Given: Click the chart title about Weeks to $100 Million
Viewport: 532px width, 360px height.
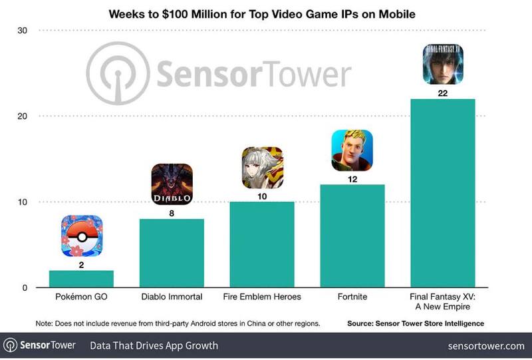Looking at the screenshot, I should click(x=265, y=13).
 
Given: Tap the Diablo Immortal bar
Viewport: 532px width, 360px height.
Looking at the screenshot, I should click(x=172, y=253).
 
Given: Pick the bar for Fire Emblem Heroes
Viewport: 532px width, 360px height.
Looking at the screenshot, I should click(x=262, y=244).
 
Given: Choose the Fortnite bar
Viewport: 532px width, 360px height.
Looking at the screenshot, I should click(x=352, y=236).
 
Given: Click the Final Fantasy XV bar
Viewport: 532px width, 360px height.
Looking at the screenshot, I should click(x=443, y=193).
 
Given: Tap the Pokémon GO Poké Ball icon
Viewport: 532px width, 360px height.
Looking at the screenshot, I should click(x=81, y=236).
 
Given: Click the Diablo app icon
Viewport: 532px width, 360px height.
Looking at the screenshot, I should click(x=172, y=184).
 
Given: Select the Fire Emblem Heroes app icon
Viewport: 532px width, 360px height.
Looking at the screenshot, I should click(x=262, y=168).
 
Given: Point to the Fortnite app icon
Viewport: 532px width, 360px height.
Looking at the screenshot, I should click(x=352, y=150).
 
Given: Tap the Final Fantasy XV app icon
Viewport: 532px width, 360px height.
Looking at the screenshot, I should click(x=443, y=65).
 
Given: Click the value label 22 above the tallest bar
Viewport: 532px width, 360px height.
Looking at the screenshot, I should click(x=443, y=93).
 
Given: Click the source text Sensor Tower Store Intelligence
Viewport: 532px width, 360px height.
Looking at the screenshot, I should click(x=415, y=323).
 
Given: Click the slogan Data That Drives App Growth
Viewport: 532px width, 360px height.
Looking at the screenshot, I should click(x=154, y=346).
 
